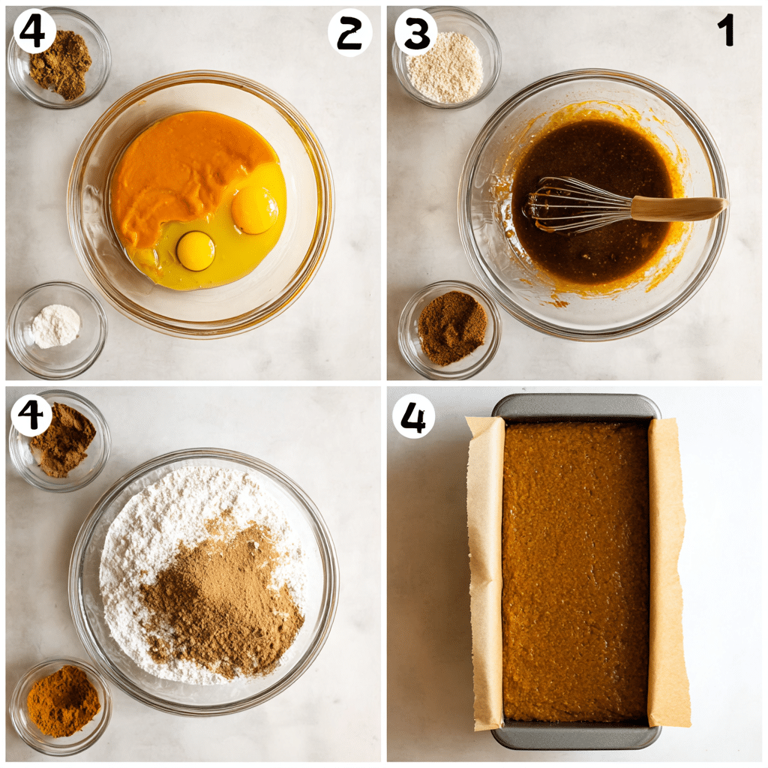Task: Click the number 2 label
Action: point(349,33)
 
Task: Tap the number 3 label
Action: point(416,32)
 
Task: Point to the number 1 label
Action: point(726,29)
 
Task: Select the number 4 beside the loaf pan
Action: point(414,416)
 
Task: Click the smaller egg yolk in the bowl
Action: point(196,250)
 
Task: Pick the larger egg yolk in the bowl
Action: point(255,210)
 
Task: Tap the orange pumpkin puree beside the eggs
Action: point(186,172)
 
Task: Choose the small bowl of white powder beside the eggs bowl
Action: point(56,329)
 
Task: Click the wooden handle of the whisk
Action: point(678,208)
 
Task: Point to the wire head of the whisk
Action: point(578,205)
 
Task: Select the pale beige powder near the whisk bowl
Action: point(445,67)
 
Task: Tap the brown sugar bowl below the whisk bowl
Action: point(449,329)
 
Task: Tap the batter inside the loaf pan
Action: point(575,571)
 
